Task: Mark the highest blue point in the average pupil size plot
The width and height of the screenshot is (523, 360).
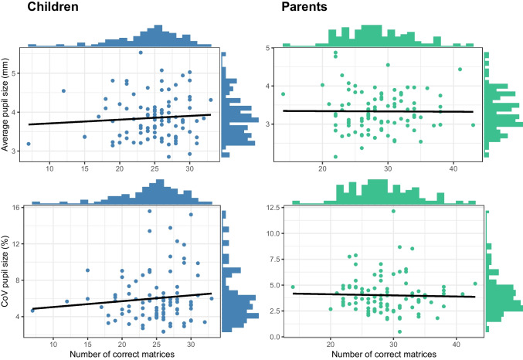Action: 141,53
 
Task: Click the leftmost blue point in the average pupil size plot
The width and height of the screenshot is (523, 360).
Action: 29,144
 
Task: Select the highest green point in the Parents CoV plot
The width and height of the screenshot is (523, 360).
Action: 393,210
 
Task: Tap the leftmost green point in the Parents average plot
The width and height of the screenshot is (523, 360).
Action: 284,94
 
